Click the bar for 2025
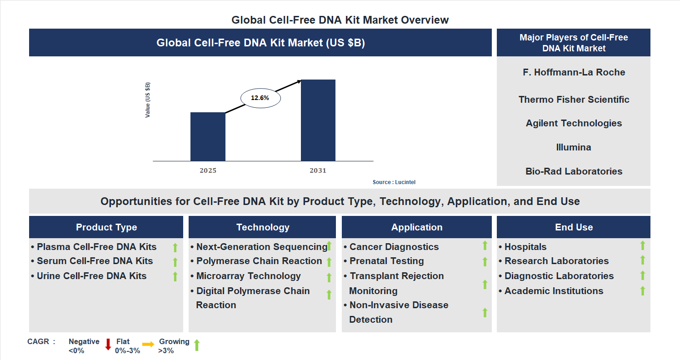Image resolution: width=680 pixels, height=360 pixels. (x=208, y=136)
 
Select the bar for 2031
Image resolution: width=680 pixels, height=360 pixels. (x=318, y=120)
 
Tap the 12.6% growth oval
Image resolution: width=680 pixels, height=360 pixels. (x=260, y=98)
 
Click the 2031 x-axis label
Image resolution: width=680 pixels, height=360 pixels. (x=318, y=171)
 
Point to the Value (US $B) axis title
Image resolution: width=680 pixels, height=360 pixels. (x=147, y=100)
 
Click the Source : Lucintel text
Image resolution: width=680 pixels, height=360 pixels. (x=394, y=182)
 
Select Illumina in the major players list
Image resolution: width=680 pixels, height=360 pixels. (x=574, y=147)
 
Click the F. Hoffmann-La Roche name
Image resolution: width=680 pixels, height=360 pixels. (x=574, y=72)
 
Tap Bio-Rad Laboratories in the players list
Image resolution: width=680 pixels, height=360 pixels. (x=574, y=171)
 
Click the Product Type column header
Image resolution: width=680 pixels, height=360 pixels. (x=106, y=227)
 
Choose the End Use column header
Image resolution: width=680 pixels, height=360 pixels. (x=574, y=227)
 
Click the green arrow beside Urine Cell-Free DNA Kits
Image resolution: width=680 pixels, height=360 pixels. (x=175, y=276)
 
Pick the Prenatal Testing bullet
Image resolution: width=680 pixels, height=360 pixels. (x=386, y=261)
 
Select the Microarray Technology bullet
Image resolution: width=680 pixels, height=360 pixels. (x=248, y=276)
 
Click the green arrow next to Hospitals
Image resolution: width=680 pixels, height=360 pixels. (x=642, y=245)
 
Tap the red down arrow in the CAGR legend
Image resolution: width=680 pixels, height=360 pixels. (x=108, y=345)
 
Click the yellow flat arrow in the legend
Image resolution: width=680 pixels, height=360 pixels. (x=148, y=345)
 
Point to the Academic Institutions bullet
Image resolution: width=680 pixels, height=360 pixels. (x=554, y=291)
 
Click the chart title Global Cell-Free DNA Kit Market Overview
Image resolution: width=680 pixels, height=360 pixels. (x=340, y=20)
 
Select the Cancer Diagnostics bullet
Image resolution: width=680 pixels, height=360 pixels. (x=394, y=247)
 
